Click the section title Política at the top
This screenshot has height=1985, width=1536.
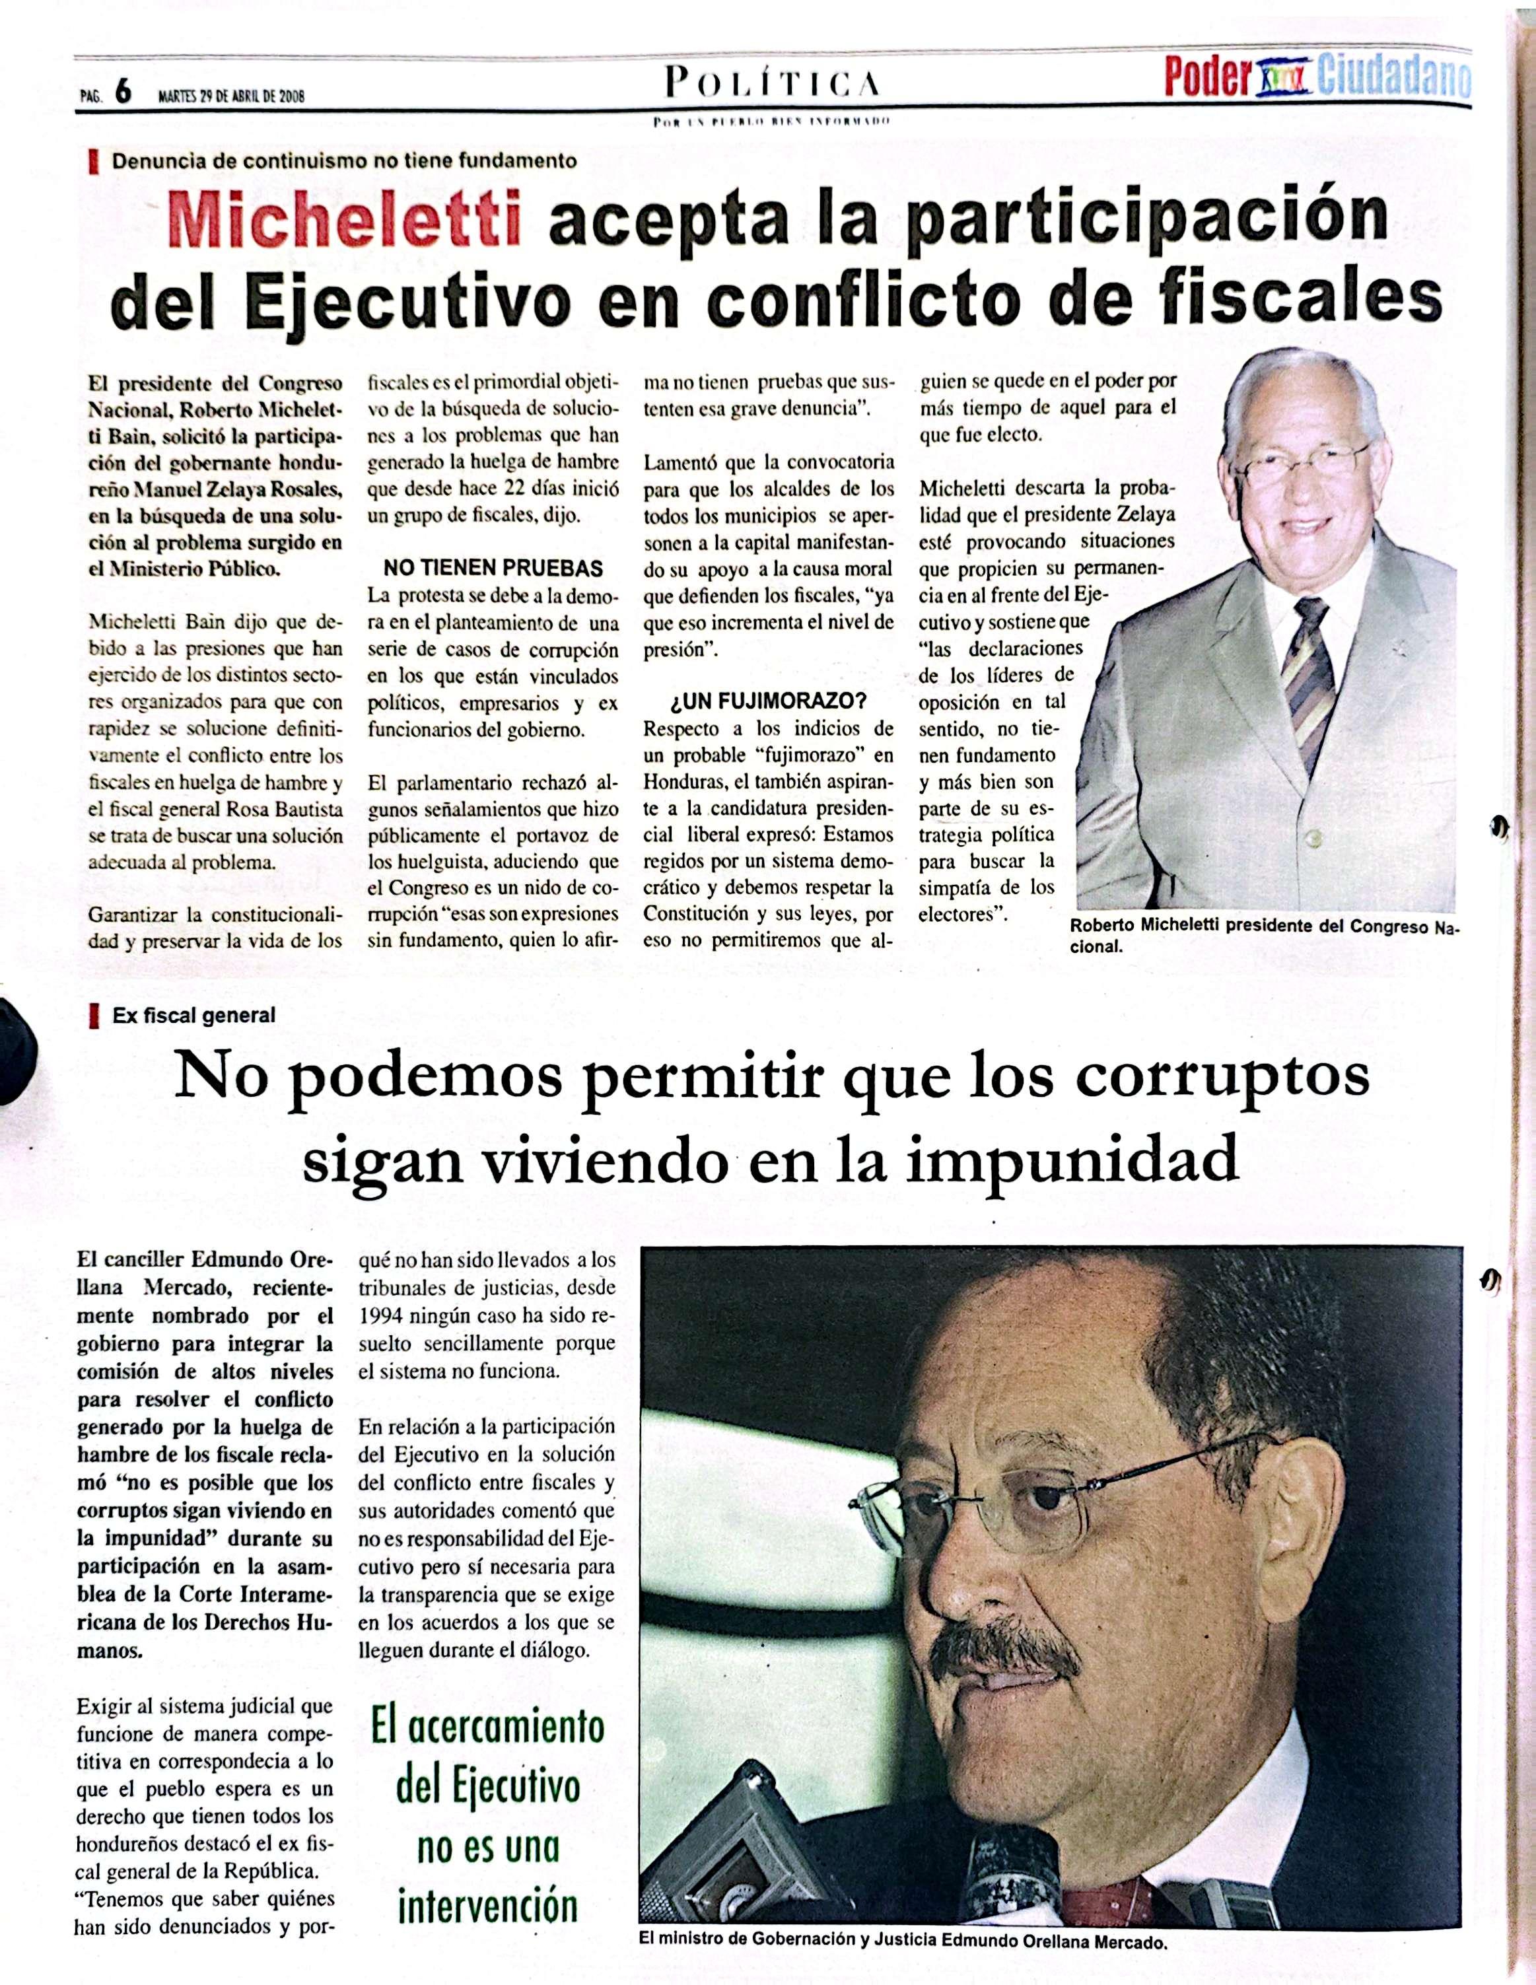point(773,84)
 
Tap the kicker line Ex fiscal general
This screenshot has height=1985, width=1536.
point(193,1015)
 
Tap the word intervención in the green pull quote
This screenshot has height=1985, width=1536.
point(488,1904)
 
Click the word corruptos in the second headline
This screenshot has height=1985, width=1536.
point(1217,1074)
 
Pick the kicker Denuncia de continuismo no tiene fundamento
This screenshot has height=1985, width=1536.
point(343,161)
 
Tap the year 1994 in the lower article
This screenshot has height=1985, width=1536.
point(382,1315)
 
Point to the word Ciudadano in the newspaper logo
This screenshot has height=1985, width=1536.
point(1393,80)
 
